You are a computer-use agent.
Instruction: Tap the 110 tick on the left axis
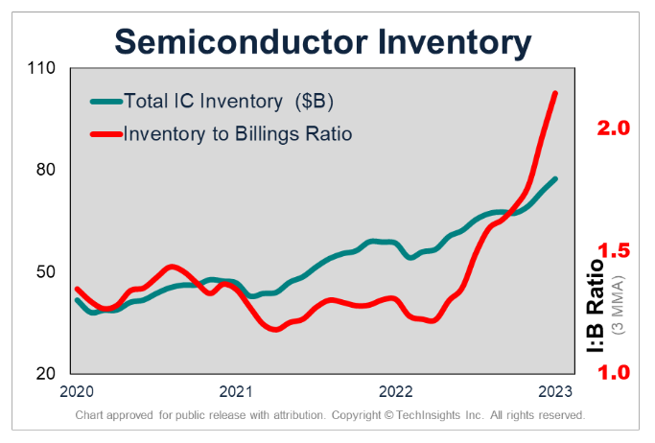click(x=43, y=69)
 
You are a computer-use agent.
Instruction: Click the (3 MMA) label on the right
click(x=619, y=307)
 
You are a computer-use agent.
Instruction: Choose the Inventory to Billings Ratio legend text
click(x=238, y=133)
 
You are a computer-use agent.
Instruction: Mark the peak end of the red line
click(x=555, y=93)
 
